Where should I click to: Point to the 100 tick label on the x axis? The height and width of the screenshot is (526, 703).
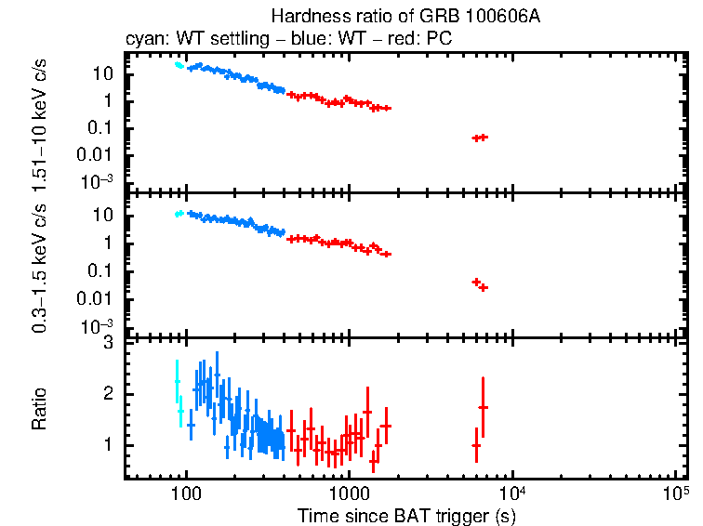coord(186,493)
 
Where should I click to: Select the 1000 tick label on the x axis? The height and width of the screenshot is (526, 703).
coord(349,493)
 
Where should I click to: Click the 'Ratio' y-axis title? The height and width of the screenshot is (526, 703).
coord(40,410)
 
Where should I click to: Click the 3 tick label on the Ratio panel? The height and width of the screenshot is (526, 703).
coord(108,343)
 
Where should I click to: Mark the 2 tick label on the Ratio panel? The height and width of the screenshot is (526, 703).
coord(108,394)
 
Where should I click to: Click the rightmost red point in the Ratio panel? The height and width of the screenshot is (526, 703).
coord(483,407)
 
